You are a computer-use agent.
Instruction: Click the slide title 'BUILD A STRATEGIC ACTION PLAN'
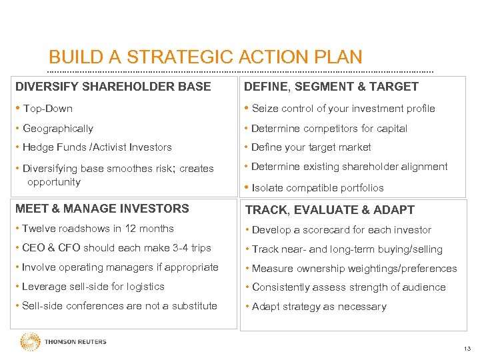point(205,57)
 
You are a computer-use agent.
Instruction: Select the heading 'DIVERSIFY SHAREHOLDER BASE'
point(113,87)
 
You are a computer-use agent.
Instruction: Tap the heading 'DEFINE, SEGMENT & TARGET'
point(331,87)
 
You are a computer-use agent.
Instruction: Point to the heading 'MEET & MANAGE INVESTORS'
point(102,209)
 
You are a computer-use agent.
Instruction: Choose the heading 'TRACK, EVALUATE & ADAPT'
point(330,210)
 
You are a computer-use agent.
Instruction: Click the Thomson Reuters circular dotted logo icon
point(30,342)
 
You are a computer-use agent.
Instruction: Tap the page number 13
point(467,349)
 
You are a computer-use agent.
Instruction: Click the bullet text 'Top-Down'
point(47,109)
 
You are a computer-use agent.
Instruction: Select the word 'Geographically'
point(58,129)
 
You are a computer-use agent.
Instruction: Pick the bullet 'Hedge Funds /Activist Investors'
point(97,147)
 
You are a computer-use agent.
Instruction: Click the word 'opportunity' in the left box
point(53,182)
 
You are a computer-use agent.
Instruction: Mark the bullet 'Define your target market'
point(311,147)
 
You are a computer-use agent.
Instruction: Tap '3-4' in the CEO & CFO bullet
point(181,248)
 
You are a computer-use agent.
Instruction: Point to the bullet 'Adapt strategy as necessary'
point(319,307)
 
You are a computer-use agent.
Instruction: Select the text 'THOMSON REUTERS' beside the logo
point(75,342)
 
